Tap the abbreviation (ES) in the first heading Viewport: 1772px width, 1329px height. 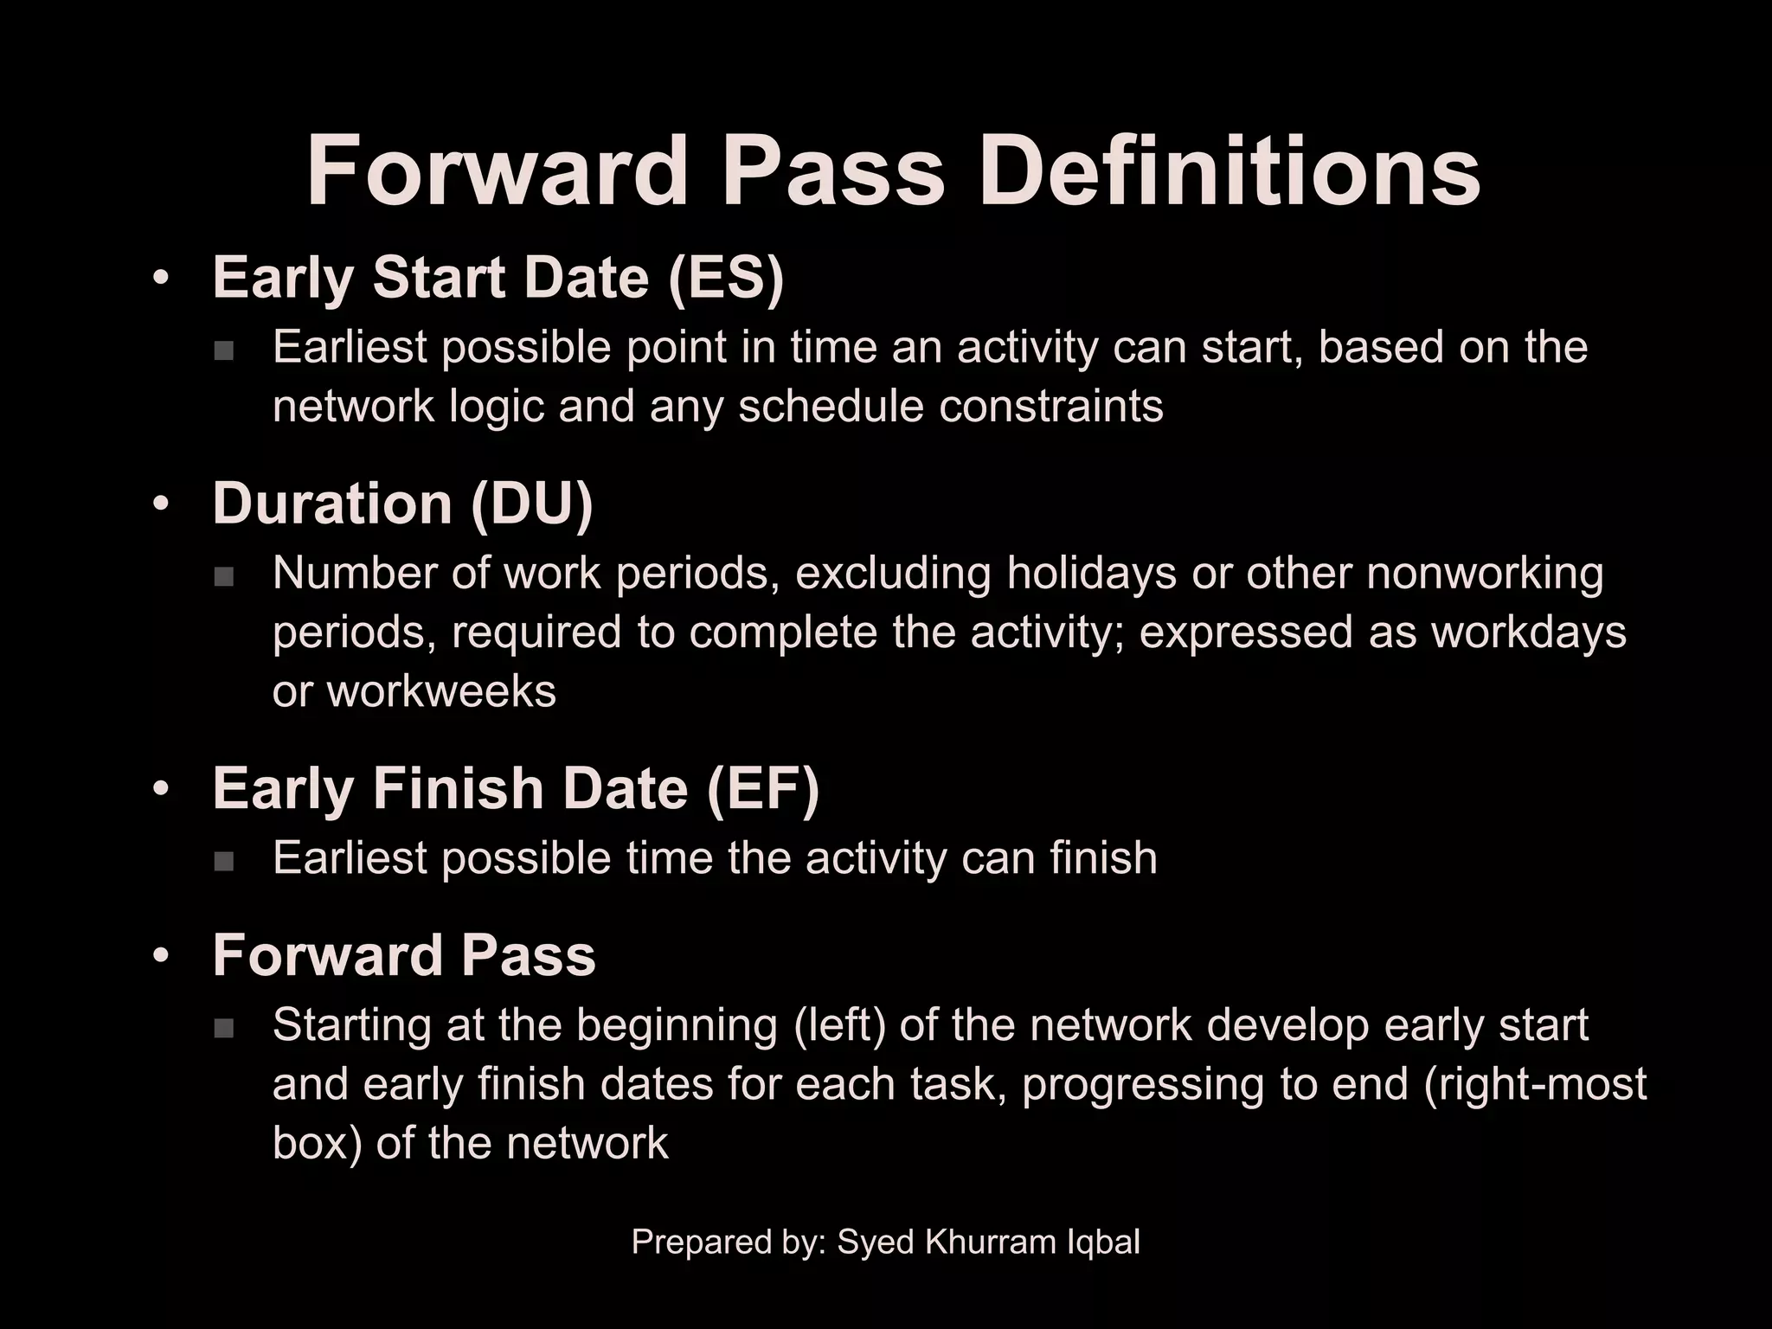coord(725,278)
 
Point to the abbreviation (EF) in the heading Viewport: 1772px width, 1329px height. coord(762,789)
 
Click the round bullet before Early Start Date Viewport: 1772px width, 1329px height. coord(160,279)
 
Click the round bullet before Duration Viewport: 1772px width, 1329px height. coord(160,504)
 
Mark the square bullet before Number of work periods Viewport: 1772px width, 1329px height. coord(224,576)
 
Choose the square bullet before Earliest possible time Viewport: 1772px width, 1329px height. coord(224,861)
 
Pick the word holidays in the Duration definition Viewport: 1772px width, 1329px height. coord(1091,573)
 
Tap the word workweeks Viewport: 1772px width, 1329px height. coord(441,691)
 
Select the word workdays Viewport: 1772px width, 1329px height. coord(1529,632)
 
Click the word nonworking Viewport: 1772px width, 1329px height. coord(1485,573)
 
